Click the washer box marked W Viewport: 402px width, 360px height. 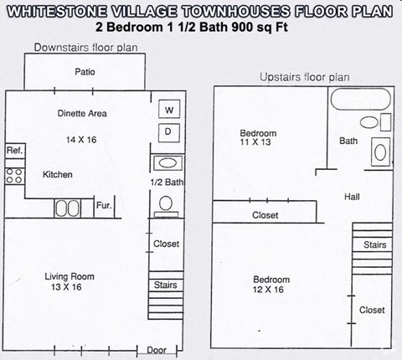pos(169,109)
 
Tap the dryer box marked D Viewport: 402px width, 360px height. pos(169,133)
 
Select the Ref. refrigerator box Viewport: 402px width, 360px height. pos(15,151)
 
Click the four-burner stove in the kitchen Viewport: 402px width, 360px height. pos(15,176)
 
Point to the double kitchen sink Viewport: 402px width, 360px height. pos(67,208)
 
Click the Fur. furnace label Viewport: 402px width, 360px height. pos(104,206)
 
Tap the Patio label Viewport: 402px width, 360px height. pos(85,72)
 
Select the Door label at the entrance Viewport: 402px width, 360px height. pos(157,350)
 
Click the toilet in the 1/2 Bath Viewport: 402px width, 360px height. pos(166,207)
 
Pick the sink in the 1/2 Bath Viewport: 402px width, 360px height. pos(167,163)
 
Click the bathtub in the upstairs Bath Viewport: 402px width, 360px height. pos(361,99)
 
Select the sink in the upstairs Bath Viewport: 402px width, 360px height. pos(380,152)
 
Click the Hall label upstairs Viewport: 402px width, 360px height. pos(352,197)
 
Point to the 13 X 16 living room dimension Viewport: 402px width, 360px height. pos(66,287)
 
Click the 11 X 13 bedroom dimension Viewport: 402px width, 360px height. pos(255,142)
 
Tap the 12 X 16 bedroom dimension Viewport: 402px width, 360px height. pos(268,290)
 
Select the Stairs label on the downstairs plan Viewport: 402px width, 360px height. pos(166,285)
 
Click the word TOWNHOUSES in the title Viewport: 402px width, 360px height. pos(236,12)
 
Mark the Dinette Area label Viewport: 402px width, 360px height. pos(82,113)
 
